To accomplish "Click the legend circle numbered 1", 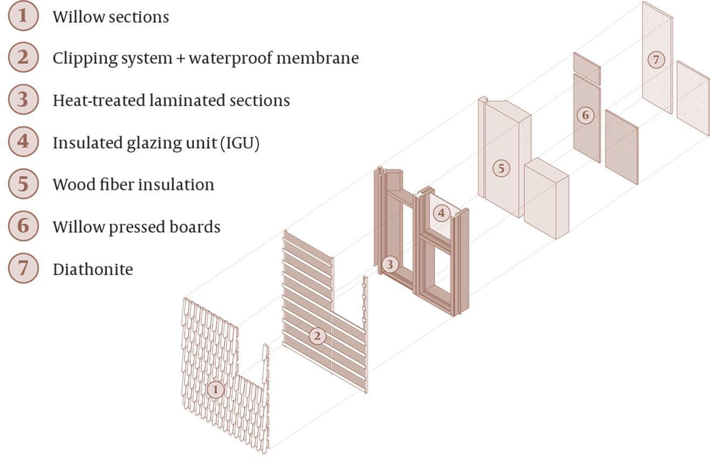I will coord(23,16).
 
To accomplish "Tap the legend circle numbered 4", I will coord(23,142).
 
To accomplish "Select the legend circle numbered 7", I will coord(23,268).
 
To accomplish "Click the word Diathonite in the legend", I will coord(93,269).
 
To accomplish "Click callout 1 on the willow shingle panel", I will coord(216,389).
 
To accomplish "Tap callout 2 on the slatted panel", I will coord(317,336).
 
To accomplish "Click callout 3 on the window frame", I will coord(390,264).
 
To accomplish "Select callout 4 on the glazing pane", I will coord(441,213).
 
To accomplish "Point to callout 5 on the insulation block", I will coord(501,169).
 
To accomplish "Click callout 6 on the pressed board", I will coord(585,114).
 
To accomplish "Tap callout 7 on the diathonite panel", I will coord(656,59).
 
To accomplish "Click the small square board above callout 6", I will coord(586,69).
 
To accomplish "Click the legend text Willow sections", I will coord(111,17).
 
